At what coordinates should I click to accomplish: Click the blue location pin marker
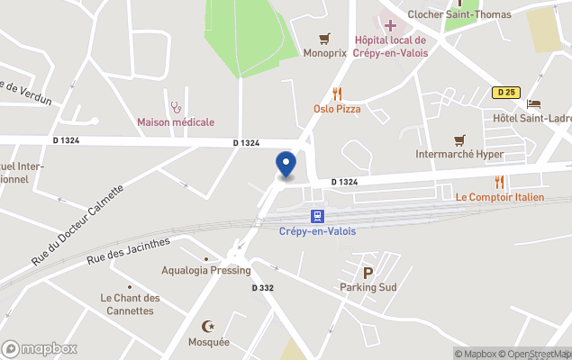pyautogui.click(x=286, y=164)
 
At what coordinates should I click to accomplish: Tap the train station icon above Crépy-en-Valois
pyautogui.click(x=317, y=216)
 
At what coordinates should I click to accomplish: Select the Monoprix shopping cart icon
pyautogui.click(x=324, y=39)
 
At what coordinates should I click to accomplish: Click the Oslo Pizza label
pyautogui.click(x=337, y=109)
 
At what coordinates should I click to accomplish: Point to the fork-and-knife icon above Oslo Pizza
pyautogui.click(x=337, y=93)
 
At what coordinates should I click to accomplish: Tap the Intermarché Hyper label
pyautogui.click(x=459, y=155)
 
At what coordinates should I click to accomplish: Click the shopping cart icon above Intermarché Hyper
pyautogui.click(x=459, y=139)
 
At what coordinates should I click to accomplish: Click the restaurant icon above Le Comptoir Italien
pyautogui.click(x=499, y=181)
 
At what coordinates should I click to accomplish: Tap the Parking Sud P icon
pyautogui.click(x=368, y=273)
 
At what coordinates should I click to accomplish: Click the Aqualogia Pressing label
pyautogui.click(x=205, y=270)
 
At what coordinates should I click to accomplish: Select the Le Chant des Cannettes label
pyautogui.click(x=130, y=304)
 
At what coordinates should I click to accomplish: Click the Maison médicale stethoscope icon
pyautogui.click(x=176, y=106)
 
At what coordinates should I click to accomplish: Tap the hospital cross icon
pyautogui.click(x=389, y=24)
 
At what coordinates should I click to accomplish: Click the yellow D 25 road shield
pyautogui.click(x=504, y=92)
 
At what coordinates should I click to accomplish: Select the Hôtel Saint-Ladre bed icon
pyautogui.click(x=533, y=103)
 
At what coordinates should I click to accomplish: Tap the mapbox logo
pyautogui.click(x=40, y=348)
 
